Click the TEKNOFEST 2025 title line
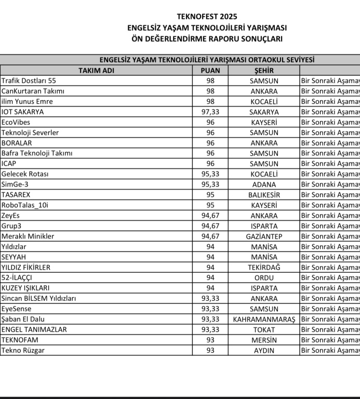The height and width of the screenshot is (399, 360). click(207, 17)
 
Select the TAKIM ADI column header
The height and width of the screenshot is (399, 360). click(96, 70)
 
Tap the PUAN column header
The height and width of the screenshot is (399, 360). click(210, 70)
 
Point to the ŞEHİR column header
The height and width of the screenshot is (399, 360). click(263, 70)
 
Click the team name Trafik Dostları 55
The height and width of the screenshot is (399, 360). click(29, 81)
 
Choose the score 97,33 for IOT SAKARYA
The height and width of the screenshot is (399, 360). click(210, 112)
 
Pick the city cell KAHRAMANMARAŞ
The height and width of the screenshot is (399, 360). click(264, 319)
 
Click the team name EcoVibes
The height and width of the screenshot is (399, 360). click(16, 122)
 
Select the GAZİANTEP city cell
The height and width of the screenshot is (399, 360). click(264, 236)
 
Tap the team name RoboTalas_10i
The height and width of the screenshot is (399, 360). click(26, 205)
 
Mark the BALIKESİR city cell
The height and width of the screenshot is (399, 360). click(264, 195)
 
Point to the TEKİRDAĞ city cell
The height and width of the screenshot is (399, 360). click(264, 267)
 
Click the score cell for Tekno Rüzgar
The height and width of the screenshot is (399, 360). click(210, 350)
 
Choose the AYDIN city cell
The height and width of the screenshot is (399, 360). click(264, 350)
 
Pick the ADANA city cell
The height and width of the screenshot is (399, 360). click(264, 184)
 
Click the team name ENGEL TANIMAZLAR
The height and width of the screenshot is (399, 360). click(34, 329)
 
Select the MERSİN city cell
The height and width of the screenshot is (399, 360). click(264, 340)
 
